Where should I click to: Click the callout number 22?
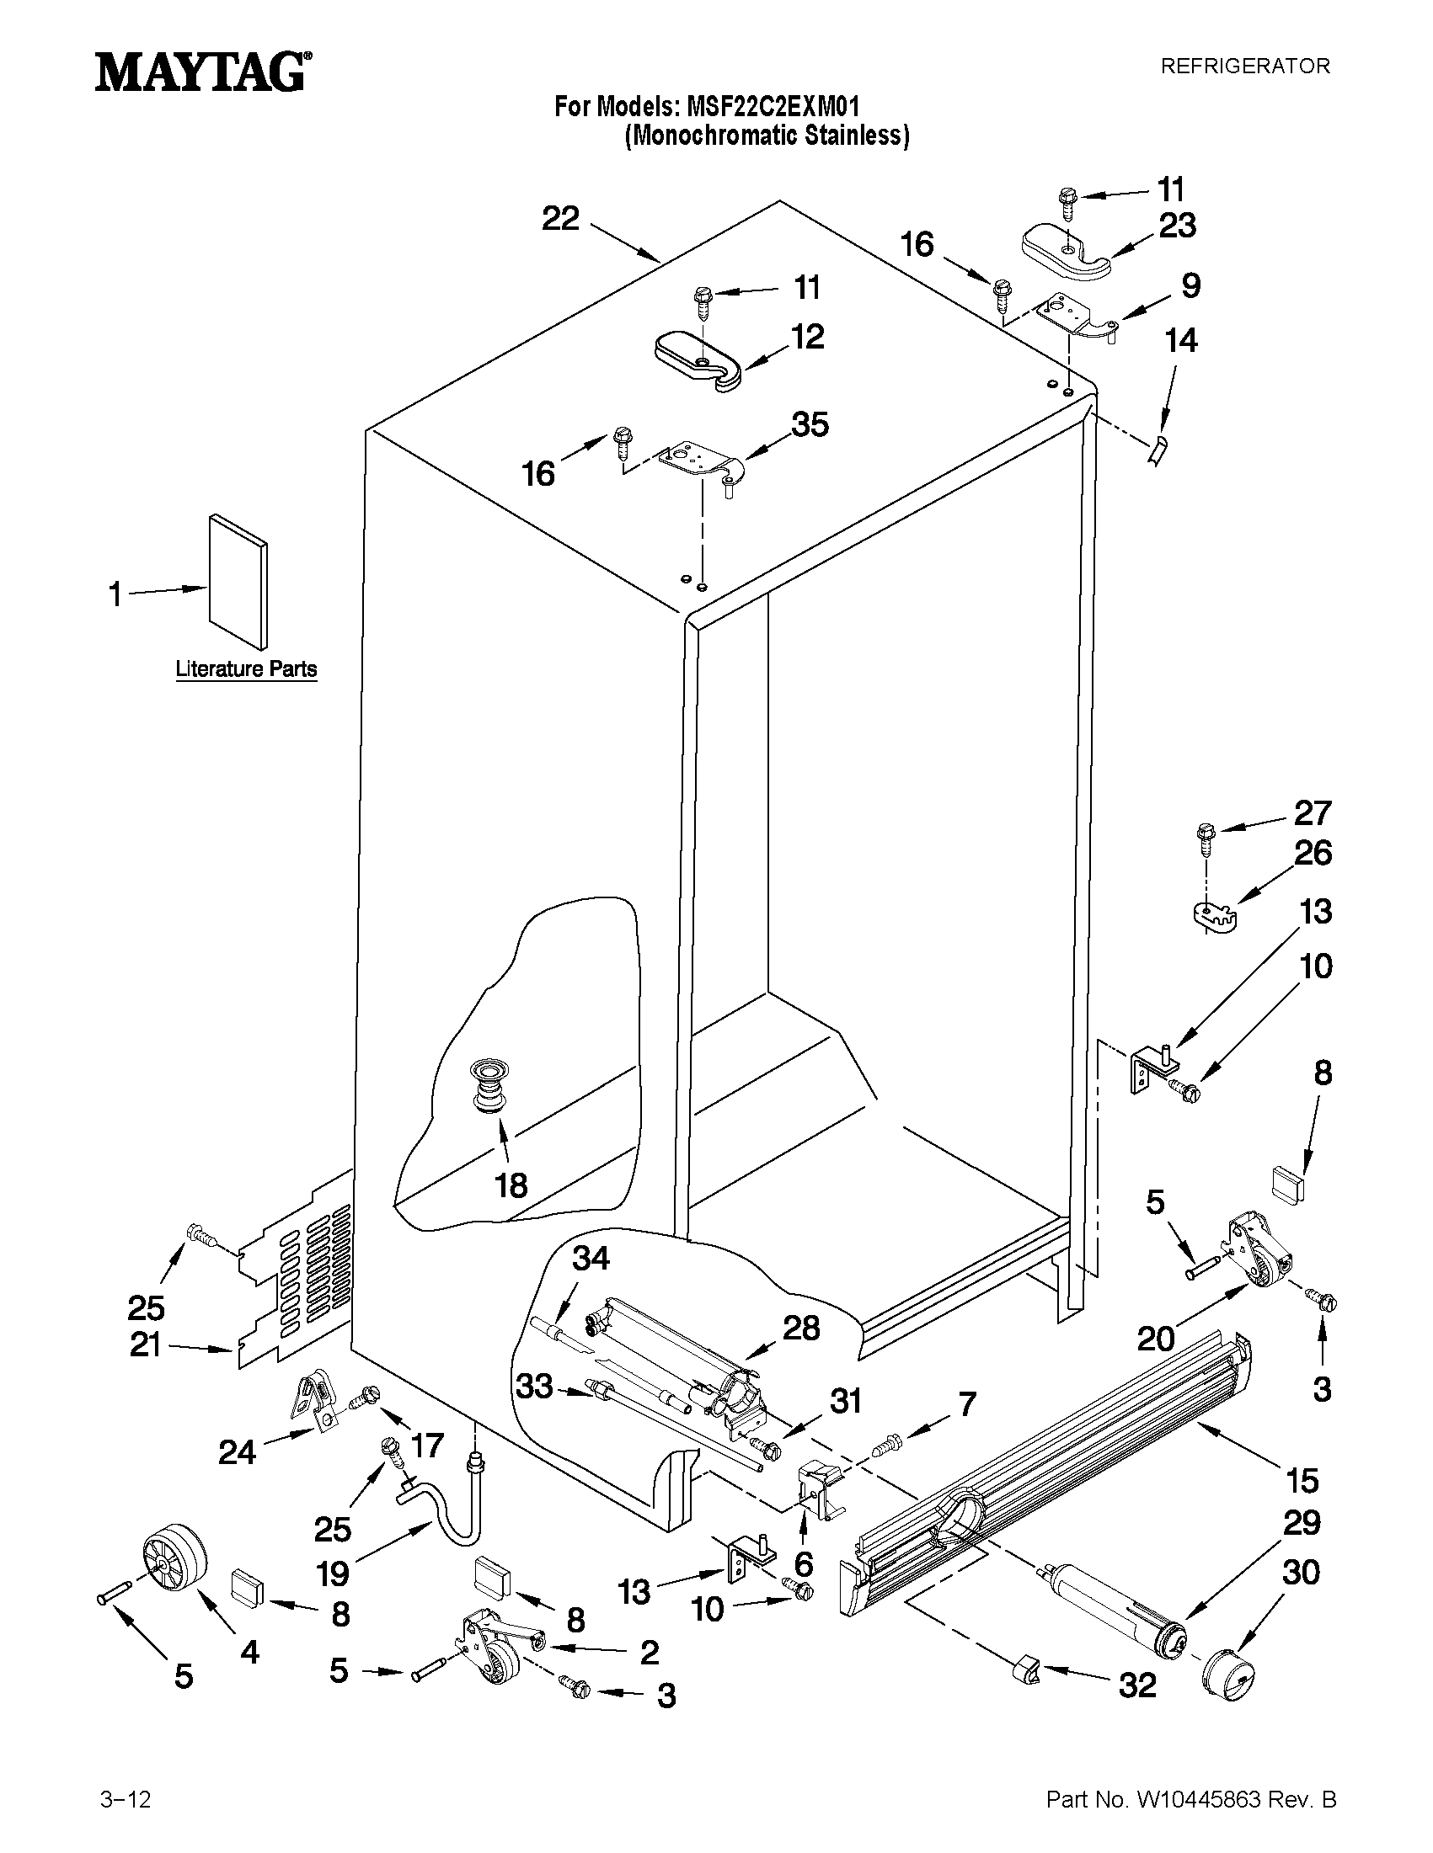click(560, 219)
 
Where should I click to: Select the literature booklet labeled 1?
click(238, 582)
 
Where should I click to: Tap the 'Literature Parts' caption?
click(246, 668)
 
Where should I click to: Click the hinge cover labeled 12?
click(698, 360)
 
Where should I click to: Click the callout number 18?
click(511, 1185)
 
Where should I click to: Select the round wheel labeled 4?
click(175, 1563)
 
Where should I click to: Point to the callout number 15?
click(1302, 1481)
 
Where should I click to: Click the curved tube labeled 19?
click(441, 1502)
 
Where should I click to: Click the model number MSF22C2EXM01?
click(773, 107)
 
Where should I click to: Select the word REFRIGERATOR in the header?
click(1244, 67)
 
